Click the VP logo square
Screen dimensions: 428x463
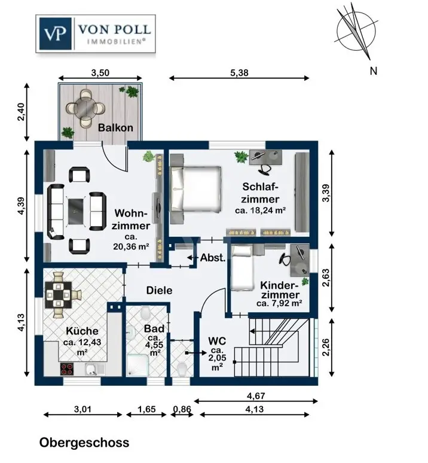coord(55,33)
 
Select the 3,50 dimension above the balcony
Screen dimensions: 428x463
coord(100,72)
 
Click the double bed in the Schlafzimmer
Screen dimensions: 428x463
coord(195,189)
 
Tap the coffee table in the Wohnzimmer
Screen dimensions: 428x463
coord(76,211)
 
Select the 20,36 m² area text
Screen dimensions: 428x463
coord(131,246)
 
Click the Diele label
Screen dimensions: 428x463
coord(159,290)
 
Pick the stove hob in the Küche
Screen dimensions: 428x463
coord(67,369)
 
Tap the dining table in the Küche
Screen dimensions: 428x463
coord(59,295)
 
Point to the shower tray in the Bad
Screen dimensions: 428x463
coord(137,365)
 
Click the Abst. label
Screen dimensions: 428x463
coord(213,258)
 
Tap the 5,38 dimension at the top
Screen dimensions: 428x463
coord(239,72)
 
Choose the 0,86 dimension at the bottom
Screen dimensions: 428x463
coord(182,409)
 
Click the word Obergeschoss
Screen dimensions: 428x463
coord(84,443)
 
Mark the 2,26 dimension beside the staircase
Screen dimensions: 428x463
coord(326,347)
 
